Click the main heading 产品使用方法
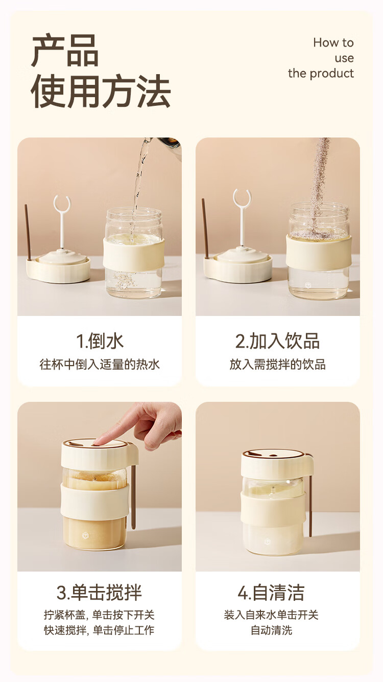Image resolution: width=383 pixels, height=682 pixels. click(101, 71)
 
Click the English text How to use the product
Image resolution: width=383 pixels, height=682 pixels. click(321, 58)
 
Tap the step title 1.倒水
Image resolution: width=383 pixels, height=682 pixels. click(100, 341)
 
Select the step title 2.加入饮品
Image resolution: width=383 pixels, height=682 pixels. click(277, 341)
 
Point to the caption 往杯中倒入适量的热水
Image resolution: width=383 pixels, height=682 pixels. click(100, 364)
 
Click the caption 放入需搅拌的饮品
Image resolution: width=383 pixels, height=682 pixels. click(277, 364)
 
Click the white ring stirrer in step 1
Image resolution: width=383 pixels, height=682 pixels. click(62, 221)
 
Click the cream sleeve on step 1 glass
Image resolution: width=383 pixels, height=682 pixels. click(134, 253)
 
